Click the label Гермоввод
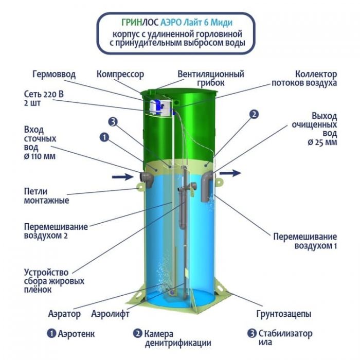pyautogui.click(x=54, y=75)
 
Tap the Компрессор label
pyautogui.click(x=120, y=75)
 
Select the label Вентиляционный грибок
pyautogui.click(x=211, y=78)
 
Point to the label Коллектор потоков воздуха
pyautogui.click(x=304, y=78)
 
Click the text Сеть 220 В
pyautogui.click(x=44, y=94)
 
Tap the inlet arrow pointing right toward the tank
pyautogui.click(x=122, y=177)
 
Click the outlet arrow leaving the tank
pyautogui.click(x=230, y=173)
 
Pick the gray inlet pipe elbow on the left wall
pyautogui.click(x=147, y=179)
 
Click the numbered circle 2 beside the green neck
pyautogui.click(x=254, y=114)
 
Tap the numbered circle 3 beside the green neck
pyautogui.click(x=113, y=122)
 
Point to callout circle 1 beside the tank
pyautogui.click(x=104, y=137)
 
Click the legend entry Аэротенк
pyautogui.click(x=71, y=334)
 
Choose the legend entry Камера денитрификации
pyautogui.click(x=172, y=338)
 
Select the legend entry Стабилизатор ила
pyautogui.click(x=280, y=338)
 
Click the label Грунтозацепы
pyautogui.click(x=284, y=314)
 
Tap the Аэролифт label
pyautogui.click(x=110, y=314)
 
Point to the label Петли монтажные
pyautogui.click(x=46, y=196)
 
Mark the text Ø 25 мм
pyautogui.click(x=322, y=142)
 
